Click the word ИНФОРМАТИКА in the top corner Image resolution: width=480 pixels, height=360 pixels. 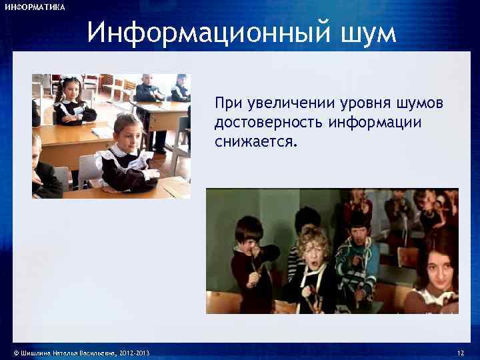click(35, 7)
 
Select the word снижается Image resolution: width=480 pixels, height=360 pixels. click(257, 142)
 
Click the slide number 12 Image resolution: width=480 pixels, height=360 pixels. click(460, 352)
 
